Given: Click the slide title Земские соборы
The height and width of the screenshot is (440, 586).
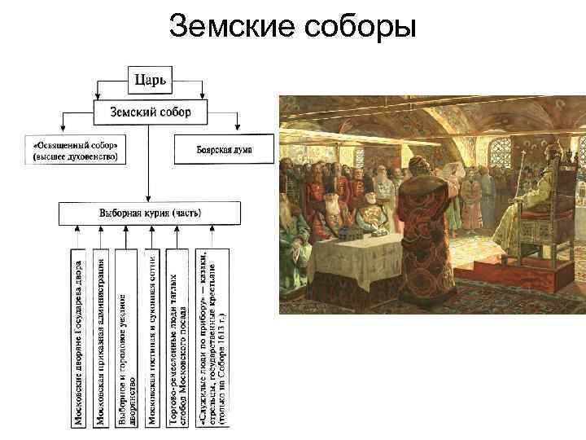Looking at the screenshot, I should point(293,28).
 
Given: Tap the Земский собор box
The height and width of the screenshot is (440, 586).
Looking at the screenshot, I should point(147,112).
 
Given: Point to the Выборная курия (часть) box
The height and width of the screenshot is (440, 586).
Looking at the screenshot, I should point(149,213).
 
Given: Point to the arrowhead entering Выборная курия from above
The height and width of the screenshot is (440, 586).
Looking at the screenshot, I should point(148,198).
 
